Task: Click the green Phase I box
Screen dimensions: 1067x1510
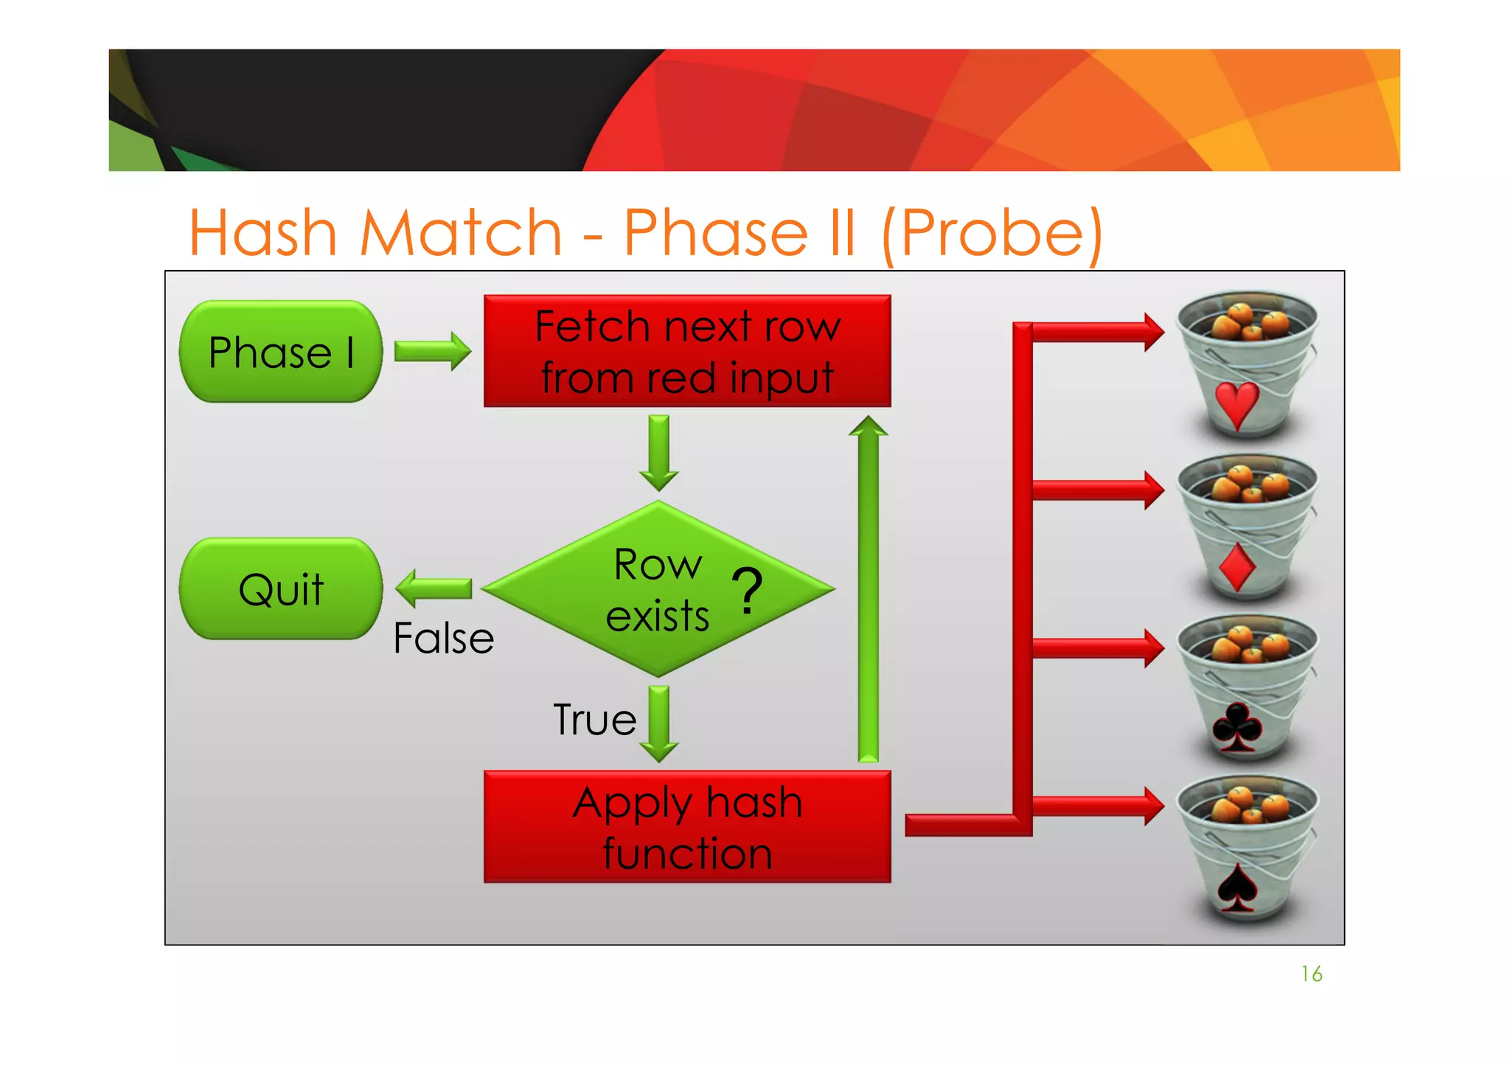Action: (281, 352)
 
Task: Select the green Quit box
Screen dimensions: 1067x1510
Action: (281, 588)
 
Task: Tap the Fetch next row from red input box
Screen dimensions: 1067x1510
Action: (687, 351)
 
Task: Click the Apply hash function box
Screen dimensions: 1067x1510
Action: (687, 827)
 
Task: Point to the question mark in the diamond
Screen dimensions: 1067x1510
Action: (747, 590)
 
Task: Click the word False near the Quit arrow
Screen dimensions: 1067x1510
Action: (443, 638)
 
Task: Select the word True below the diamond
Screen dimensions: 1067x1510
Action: (594, 720)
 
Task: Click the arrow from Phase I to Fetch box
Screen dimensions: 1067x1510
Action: (432, 351)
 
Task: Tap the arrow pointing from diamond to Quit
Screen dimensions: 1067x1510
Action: (433, 588)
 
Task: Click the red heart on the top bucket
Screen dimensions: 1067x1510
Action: (1236, 405)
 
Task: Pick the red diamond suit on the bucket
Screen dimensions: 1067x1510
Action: (1237, 568)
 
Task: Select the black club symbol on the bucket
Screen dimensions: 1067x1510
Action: (1236, 727)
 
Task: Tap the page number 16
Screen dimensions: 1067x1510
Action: (1311, 974)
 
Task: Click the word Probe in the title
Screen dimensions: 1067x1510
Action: (992, 233)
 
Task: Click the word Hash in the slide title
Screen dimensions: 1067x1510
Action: (263, 233)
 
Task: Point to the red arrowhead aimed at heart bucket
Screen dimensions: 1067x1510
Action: (1154, 332)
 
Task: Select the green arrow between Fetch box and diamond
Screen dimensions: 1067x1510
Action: (658, 452)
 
